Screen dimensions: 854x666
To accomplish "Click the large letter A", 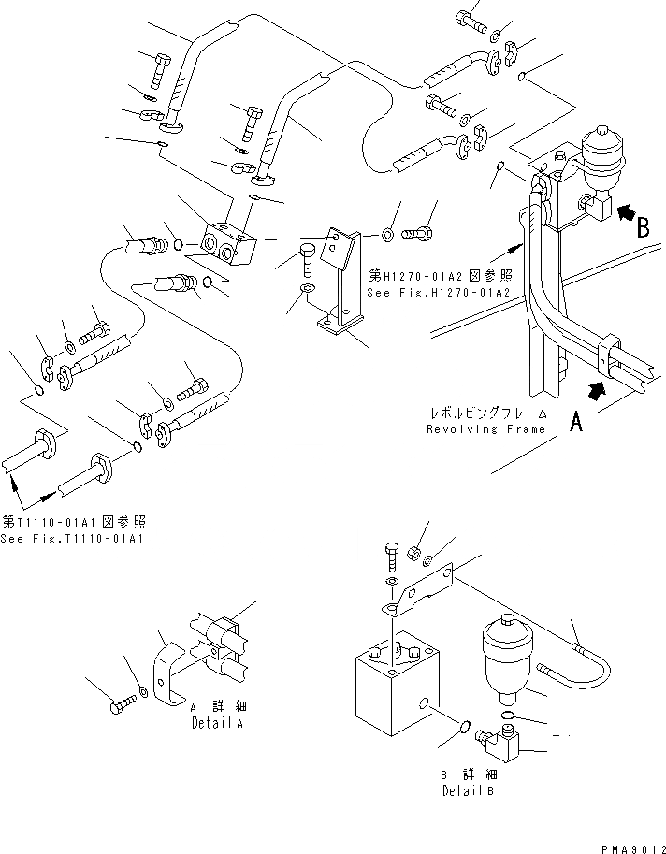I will [576, 424].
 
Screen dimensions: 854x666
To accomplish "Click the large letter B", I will [643, 228].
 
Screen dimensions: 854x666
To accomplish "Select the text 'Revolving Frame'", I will [485, 429].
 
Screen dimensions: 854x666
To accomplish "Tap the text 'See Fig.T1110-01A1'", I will [71, 539].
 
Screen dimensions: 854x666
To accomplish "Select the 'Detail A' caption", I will [217, 723].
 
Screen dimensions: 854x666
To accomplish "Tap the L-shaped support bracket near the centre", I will [339, 281].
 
